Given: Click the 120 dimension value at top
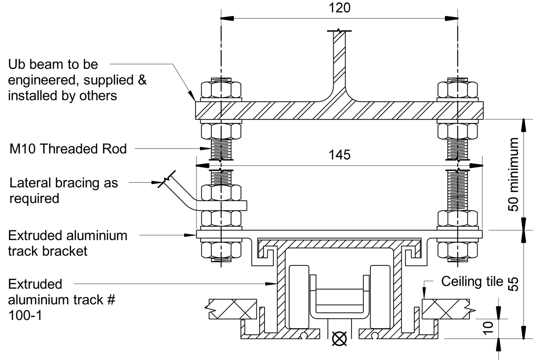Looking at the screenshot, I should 339,8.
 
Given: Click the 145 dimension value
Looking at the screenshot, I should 339,155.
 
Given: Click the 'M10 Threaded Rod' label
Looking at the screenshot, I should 68,149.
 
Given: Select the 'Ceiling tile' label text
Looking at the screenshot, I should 472,282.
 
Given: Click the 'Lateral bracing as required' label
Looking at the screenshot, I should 64,190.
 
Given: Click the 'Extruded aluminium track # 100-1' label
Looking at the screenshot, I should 62,300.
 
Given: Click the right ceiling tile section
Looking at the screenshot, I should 445,309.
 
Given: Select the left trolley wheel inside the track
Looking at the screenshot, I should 299,296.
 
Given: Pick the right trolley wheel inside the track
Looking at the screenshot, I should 379,296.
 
